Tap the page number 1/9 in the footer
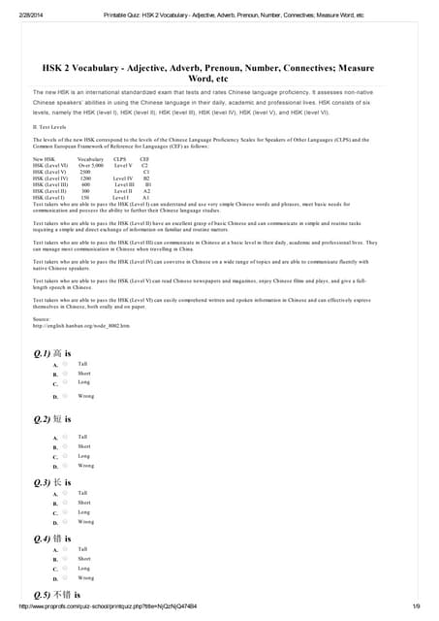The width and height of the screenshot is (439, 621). [x=416, y=606]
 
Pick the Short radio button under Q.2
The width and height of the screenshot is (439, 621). [x=65, y=446]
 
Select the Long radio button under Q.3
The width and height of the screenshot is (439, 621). [x=65, y=512]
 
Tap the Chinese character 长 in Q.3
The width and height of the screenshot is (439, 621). [x=58, y=482]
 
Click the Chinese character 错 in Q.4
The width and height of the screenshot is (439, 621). [x=58, y=538]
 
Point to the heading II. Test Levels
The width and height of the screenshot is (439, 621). [x=48, y=126]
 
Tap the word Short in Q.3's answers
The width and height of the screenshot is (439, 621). [x=84, y=503]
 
